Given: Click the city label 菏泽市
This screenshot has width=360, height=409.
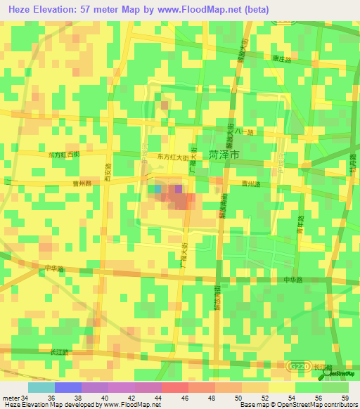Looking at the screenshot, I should pos(224,154).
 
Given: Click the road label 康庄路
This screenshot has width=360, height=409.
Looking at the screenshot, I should pos(282,59).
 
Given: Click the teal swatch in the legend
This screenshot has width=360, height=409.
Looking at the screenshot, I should pos(41,387).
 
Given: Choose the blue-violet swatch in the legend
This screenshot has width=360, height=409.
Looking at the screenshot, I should pos(68,387).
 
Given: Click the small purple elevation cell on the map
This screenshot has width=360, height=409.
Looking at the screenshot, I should pos(179,188).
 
